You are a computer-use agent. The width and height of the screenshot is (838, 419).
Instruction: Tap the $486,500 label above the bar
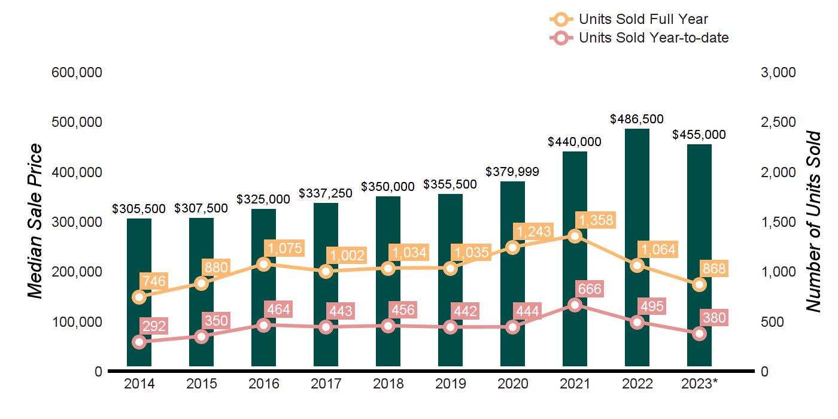637,119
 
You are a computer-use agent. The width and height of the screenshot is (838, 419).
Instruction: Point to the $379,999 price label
512,172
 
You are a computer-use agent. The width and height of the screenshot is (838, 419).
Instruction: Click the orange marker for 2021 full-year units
575,236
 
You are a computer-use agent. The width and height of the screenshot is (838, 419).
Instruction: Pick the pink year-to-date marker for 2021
575,305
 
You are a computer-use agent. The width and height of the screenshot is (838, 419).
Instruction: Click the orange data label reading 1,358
594,220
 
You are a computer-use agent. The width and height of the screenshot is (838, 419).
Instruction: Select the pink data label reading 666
590,289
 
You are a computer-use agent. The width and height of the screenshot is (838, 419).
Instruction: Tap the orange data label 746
154,281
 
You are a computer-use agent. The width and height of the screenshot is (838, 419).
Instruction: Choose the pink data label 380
714,318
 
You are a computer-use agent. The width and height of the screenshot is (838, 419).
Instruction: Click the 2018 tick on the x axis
388,384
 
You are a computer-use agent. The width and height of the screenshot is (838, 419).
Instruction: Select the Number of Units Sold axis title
812,221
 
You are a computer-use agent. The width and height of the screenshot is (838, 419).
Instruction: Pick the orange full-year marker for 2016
263,264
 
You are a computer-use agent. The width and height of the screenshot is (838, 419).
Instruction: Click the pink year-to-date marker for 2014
139,342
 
